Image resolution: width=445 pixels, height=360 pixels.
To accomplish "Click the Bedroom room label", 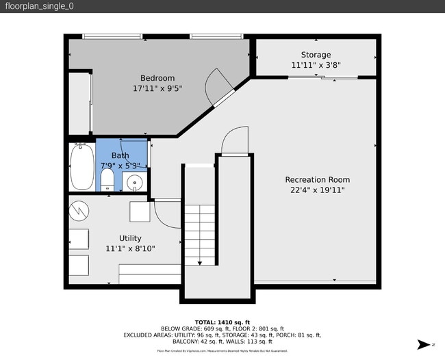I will [157, 78].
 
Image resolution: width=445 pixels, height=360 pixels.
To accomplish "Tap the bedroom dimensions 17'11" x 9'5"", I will [157, 88].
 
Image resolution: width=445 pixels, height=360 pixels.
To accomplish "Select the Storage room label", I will [316, 55].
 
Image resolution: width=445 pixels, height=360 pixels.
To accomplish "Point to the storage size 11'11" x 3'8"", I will [316, 66].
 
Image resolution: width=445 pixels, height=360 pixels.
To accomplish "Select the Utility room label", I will [130, 238].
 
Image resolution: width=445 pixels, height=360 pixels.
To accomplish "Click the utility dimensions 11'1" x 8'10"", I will [130, 248].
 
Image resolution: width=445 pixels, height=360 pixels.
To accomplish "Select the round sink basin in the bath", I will [136, 182].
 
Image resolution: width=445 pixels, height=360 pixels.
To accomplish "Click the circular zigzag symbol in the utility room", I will [79, 209].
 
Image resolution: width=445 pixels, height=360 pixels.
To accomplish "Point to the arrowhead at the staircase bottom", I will [199, 262].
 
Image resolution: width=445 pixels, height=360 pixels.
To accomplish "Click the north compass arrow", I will [424, 344].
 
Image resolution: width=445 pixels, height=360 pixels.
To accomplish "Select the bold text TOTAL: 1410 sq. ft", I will [222, 322].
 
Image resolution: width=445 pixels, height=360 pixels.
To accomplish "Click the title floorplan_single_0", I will [40, 6].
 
